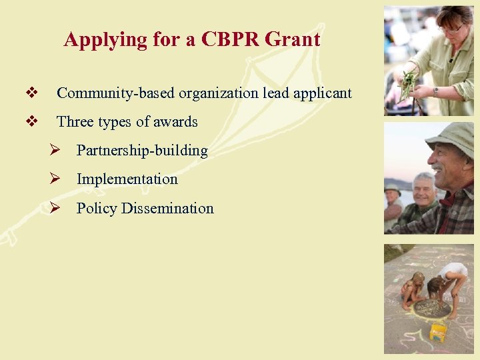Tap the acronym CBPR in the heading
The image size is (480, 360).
(225, 40)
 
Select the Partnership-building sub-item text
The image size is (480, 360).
(142, 151)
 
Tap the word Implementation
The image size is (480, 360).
(127, 179)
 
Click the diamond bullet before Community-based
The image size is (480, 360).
(29, 93)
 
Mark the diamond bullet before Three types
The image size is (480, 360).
(29, 121)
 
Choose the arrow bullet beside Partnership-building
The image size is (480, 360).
(57, 151)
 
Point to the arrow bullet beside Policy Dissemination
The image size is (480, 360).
(57, 208)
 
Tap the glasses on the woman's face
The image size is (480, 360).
(453, 29)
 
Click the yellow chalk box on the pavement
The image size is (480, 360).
(438, 332)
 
